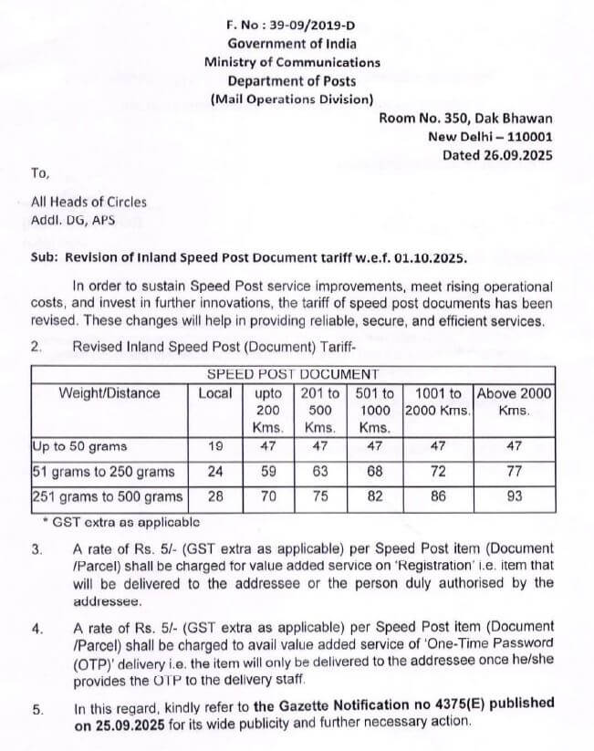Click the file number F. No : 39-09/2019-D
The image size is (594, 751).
point(292,26)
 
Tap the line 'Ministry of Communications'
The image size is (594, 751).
point(292,62)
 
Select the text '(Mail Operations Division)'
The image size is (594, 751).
point(292,99)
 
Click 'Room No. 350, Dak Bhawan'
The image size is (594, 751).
point(465,118)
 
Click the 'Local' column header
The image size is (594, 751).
point(215,393)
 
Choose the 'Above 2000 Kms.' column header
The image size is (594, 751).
point(515,402)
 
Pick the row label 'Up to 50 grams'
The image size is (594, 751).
point(80,447)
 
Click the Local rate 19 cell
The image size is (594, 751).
point(215,447)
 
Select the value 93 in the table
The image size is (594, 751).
point(515,497)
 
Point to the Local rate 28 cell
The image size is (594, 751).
point(215,497)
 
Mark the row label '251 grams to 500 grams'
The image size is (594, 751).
point(107,497)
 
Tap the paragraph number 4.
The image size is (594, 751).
point(37,630)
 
